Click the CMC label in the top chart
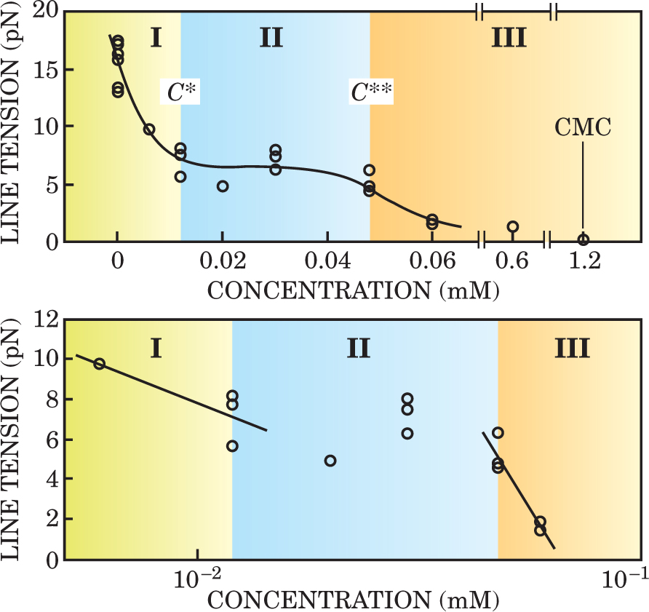(583, 129)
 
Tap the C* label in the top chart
(180, 92)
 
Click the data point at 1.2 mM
(583, 240)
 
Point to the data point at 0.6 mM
(513, 226)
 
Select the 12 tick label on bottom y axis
(45, 319)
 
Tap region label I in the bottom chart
(156, 349)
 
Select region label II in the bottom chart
(359, 349)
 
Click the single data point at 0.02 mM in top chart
(223, 186)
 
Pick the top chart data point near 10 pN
(149, 130)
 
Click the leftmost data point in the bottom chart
(100, 364)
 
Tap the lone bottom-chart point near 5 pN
(330, 461)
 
